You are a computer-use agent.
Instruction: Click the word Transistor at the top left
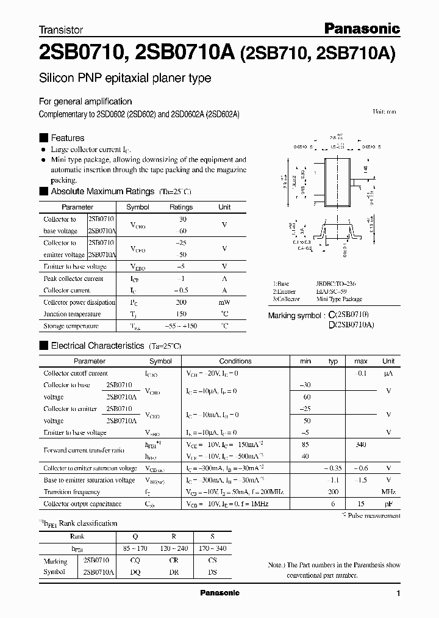[x=61, y=29]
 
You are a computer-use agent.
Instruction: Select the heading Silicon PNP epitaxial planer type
[x=125, y=78]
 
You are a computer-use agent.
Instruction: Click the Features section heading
[x=67, y=138]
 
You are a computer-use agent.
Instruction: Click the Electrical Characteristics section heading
[x=98, y=346]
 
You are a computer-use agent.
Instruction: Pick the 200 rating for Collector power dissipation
[x=180, y=302]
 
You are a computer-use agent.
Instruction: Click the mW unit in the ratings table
[x=224, y=302]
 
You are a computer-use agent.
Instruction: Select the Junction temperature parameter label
[x=72, y=314]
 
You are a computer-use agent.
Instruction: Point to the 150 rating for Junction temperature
[x=180, y=314]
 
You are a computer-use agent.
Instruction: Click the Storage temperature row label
[x=71, y=326]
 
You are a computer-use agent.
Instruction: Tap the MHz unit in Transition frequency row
[x=388, y=492]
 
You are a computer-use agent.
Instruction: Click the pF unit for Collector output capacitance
[x=388, y=504]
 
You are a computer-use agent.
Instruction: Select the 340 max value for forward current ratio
[x=361, y=445]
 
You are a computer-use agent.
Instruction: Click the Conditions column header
[x=235, y=361]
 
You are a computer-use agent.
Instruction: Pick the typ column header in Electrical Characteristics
[x=333, y=361]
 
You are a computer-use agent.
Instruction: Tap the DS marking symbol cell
[x=212, y=572]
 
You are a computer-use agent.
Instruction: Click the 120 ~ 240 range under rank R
[x=173, y=548]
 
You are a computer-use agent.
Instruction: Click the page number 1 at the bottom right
[x=398, y=594]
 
